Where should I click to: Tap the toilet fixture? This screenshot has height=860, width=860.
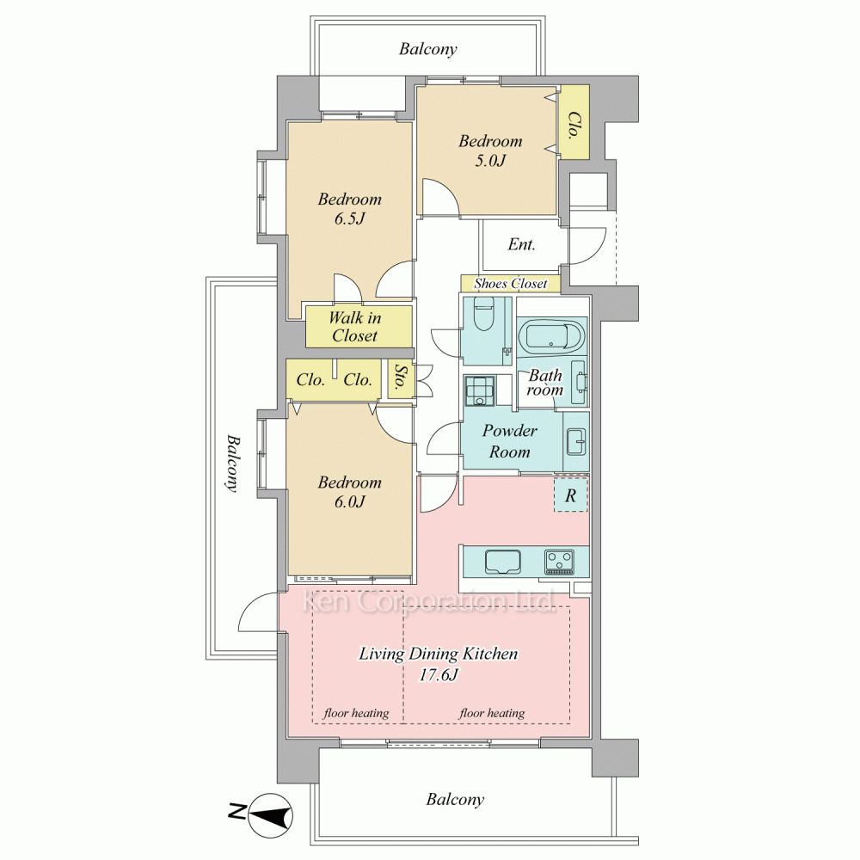coord(483,314)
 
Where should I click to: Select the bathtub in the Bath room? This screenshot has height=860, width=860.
coord(551,337)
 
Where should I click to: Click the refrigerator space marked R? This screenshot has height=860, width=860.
coord(571,495)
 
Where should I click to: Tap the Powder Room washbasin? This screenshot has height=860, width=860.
coord(576,442)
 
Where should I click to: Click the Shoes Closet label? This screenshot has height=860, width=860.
coord(511,284)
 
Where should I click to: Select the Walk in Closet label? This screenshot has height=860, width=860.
coord(355,326)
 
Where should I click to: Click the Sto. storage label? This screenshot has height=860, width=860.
coord(401,378)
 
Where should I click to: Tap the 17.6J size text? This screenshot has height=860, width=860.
coord(439,675)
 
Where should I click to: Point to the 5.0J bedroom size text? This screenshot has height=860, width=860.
coord(490,161)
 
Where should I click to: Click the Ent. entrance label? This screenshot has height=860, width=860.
coord(522,244)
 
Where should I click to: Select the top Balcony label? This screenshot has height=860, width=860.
coord(427,49)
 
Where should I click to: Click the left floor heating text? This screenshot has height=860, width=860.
coord(356,713)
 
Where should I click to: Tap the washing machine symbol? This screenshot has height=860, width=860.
coord(479,390)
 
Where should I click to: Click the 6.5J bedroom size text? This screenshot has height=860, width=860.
coord(349,218)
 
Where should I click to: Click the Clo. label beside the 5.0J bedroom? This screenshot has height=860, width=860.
coord(574,126)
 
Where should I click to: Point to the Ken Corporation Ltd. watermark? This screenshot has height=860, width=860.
coord(430,601)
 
